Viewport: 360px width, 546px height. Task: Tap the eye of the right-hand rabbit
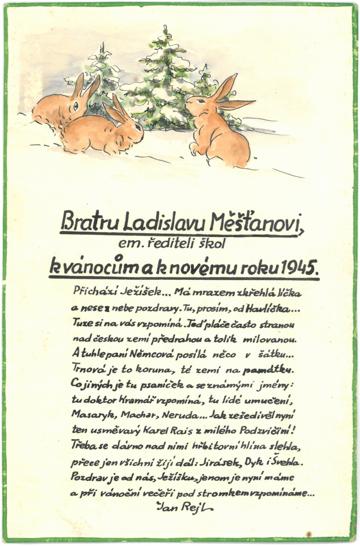pos(201,101)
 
